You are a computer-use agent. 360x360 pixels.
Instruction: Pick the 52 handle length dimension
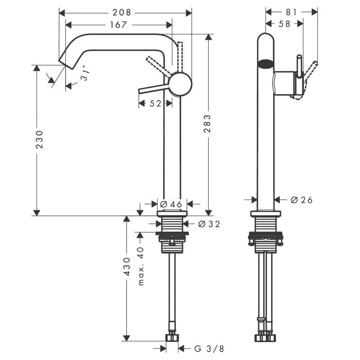[x=155, y=103]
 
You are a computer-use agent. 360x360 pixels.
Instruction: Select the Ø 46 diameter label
[x=172, y=204]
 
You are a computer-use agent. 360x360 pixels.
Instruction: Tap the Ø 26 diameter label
[x=301, y=200]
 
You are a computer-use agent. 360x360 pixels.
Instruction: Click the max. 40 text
[x=141, y=266]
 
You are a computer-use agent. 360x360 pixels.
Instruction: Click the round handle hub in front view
[x=180, y=84]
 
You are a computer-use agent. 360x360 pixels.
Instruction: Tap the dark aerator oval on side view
[x=266, y=65]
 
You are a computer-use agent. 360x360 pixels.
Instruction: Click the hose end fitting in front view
[x=172, y=338]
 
